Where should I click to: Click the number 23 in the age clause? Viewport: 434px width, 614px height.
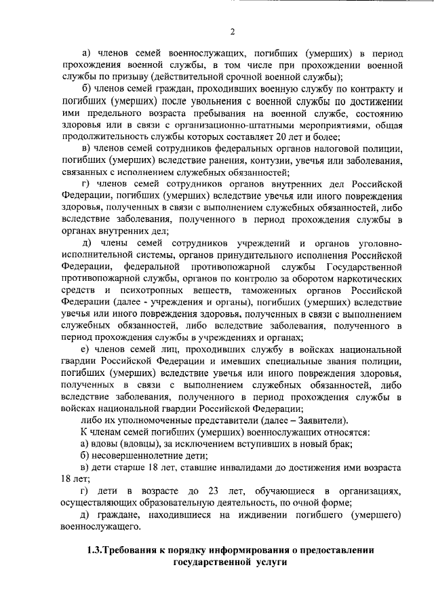click(x=214, y=491)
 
